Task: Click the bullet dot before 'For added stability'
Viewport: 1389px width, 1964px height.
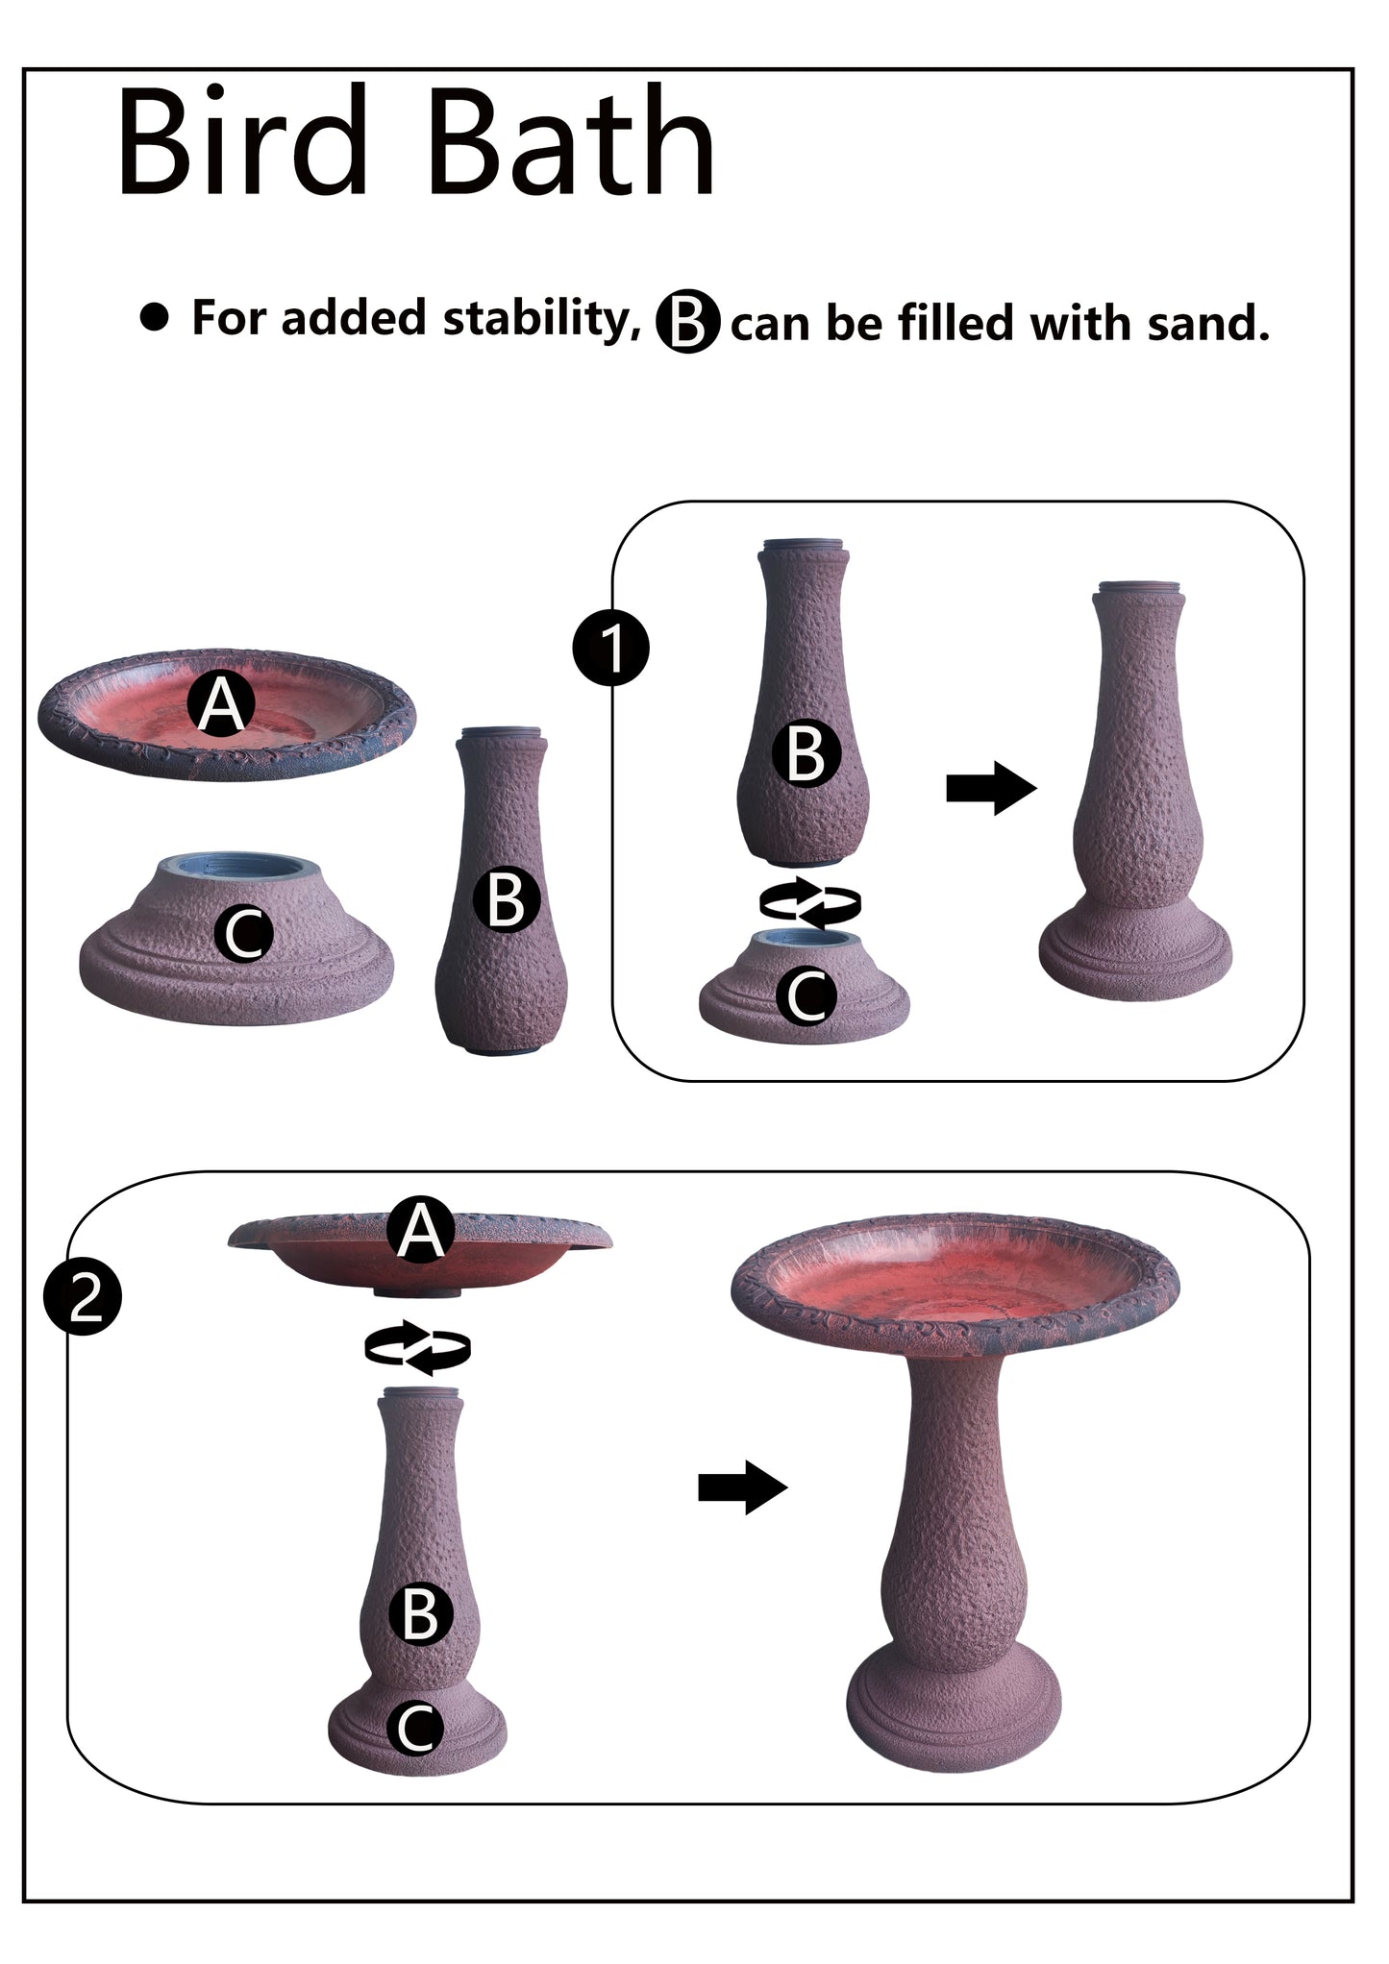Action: (x=154, y=317)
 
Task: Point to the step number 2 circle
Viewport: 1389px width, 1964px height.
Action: (x=83, y=1300)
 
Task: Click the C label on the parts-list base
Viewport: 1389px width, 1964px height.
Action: (x=244, y=934)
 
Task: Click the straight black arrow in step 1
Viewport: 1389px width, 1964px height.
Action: (x=991, y=788)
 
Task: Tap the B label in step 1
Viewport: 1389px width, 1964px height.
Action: (x=806, y=754)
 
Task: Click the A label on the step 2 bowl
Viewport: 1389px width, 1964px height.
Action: (x=420, y=1231)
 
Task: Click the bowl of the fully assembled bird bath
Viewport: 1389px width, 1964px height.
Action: (x=954, y=1278)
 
